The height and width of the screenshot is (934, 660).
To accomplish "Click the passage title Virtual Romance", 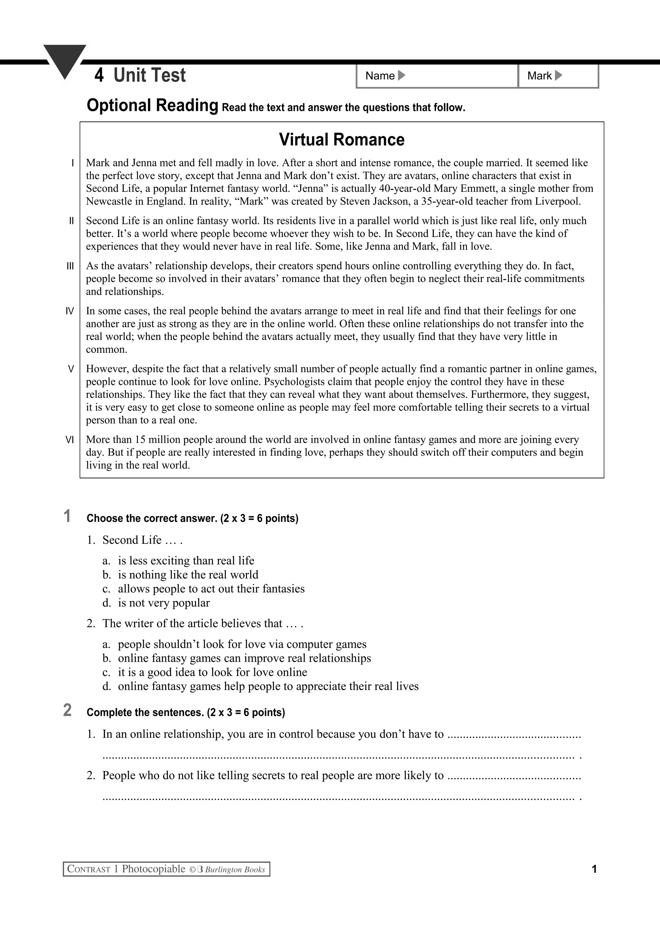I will point(342,140).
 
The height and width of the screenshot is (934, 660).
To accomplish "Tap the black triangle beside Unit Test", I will point(65,60).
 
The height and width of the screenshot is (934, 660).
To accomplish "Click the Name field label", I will point(380,76).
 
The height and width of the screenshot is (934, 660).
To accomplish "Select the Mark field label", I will point(539,76).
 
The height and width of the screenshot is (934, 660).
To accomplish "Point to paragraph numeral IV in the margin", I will point(70,311).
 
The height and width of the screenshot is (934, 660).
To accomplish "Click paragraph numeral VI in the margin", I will point(70,440).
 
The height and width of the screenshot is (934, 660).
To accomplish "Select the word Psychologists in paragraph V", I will point(297,382).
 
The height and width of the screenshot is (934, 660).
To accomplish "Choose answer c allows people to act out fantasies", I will point(211,589).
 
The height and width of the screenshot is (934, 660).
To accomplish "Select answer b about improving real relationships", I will point(244,658).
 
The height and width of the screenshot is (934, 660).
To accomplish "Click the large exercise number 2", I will point(67,710).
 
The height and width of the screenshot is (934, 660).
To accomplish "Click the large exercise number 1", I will point(67,516).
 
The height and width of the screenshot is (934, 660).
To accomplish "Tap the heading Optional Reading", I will point(152,105).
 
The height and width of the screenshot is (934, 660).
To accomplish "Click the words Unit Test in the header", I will point(150,75).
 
